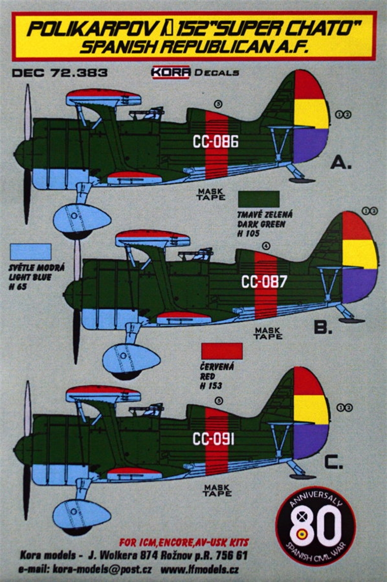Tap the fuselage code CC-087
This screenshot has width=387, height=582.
tap(264, 282)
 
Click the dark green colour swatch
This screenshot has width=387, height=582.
tap(259, 199)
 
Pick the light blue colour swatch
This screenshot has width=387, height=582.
tap(30, 252)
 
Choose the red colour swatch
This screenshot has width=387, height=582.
tap(222, 351)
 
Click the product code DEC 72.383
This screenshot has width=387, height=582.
tap(59, 73)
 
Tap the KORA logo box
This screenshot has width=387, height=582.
tap(171, 72)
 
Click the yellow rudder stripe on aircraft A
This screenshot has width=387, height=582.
tap(311, 114)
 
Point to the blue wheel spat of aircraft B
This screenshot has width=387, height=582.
tap(131, 358)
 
